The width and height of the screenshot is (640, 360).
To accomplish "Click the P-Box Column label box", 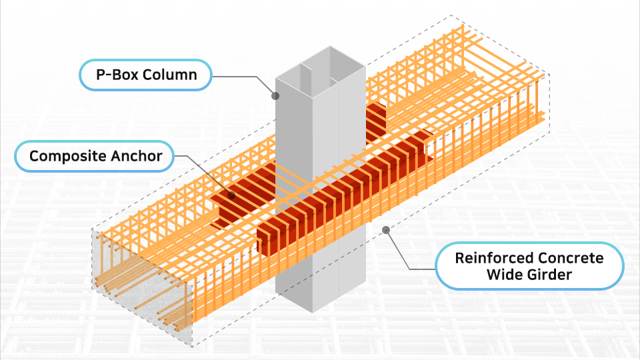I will click(146, 75).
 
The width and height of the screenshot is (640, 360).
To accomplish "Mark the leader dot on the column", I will click(275, 95).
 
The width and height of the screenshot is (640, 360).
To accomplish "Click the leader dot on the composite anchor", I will click(231, 195).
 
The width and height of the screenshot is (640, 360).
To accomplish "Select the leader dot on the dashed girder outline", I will click(385, 230).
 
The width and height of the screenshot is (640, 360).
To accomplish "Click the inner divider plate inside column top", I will click(307, 77).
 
